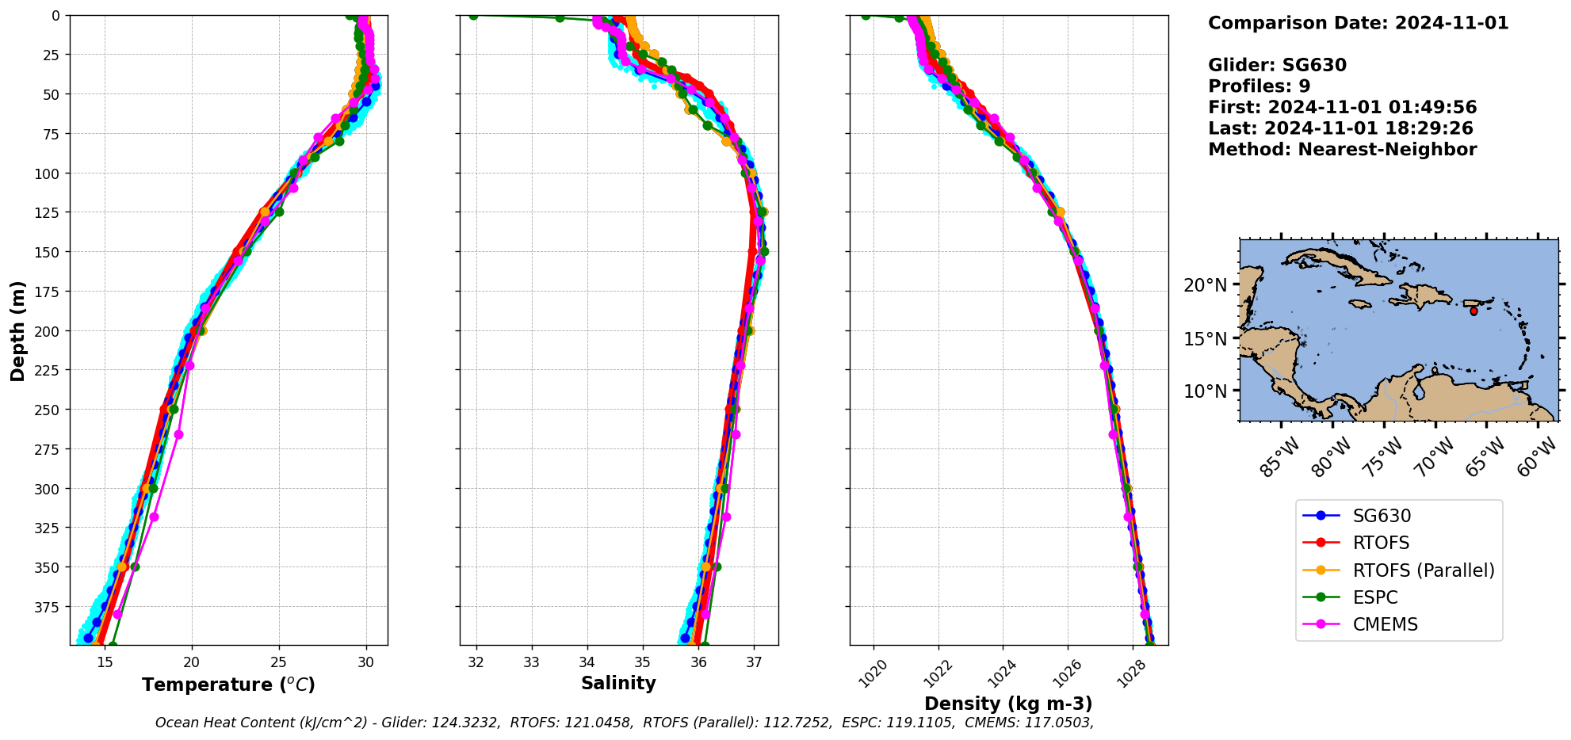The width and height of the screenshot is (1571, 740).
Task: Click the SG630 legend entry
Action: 1381,516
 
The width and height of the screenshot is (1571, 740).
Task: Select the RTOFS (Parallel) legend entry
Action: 1423,570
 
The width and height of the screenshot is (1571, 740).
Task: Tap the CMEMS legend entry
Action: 1385,624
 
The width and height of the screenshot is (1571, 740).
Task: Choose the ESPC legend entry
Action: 1374,597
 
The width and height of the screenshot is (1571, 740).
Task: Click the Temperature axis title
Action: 228,685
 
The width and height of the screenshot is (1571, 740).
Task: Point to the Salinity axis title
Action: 618,683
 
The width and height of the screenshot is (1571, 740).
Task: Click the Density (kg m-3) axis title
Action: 1008,704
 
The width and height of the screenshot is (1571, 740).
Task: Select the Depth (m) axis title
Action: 17,330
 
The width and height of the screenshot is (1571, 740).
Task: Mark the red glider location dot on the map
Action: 1474,311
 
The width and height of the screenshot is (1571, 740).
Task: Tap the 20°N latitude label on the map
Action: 1205,285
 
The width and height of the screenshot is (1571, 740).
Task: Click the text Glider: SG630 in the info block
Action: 1277,65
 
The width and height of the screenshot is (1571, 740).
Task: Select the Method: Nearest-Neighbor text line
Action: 1342,150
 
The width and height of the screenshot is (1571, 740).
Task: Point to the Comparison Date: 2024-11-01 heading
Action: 1358,23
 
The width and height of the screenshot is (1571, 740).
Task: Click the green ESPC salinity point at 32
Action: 473,15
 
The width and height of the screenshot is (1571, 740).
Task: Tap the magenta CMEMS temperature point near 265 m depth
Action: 179,434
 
